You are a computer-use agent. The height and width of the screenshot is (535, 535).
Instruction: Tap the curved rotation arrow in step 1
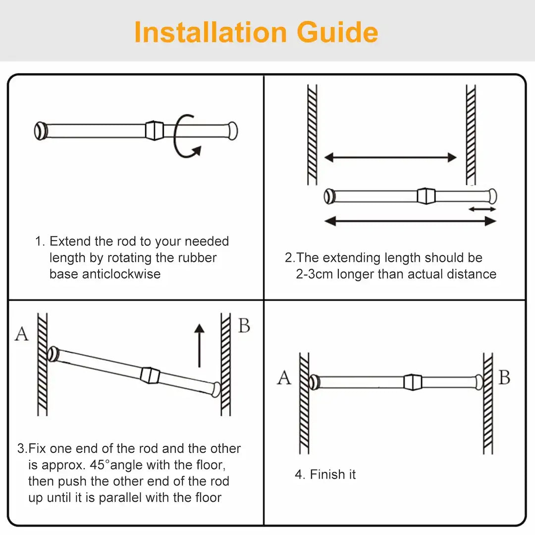point(185,137)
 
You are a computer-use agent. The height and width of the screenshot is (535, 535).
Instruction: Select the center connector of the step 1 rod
point(154,130)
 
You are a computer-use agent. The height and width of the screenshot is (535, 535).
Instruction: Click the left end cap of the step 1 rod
point(41,131)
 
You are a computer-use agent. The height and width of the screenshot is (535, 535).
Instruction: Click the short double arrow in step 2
point(482,209)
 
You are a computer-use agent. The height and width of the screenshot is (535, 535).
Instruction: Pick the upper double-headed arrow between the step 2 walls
point(390,158)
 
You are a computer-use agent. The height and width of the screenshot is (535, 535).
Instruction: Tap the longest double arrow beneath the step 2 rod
point(410,221)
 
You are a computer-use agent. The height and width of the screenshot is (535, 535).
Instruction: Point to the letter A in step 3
point(21,334)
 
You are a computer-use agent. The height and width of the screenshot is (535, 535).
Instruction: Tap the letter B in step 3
point(244,326)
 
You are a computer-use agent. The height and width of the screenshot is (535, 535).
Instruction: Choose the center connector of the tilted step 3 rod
point(150,375)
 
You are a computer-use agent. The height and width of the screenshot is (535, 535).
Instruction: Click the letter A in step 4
point(284,378)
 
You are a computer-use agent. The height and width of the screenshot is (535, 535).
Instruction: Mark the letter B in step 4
point(504,377)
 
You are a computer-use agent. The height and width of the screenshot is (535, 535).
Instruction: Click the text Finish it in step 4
point(332,474)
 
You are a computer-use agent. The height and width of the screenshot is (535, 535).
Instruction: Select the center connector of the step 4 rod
point(412,382)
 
